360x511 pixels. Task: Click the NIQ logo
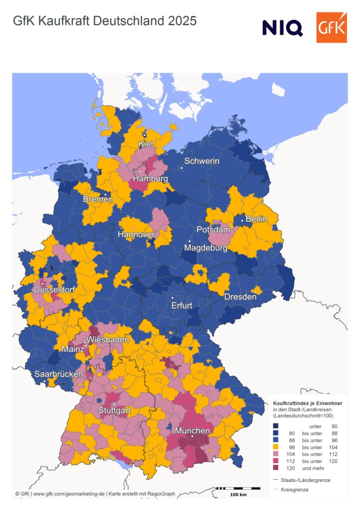click(x=282, y=27)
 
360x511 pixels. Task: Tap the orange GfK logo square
click(x=331, y=27)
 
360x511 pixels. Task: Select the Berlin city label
click(x=256, y=219)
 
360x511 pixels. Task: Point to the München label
click(x=191, y=431)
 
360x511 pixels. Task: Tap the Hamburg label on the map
click(x=150, y=179)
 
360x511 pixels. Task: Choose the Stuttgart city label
click(x=115, y=411)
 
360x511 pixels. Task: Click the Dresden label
click(x=240, y=297)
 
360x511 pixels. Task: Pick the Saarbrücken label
click(x=58, y=374)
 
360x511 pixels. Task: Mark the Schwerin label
click(x=201, y=161)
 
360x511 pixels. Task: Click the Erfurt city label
click(x=181, y=305)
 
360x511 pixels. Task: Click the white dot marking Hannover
click(x=134, y=229)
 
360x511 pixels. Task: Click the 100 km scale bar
click(x=238, y=489)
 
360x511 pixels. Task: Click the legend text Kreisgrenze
click(x=295, y=490)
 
